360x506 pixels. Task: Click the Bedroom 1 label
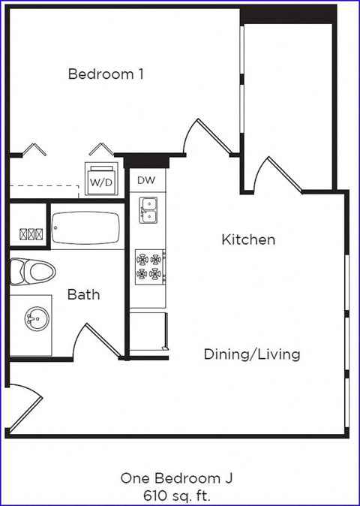point(106,74)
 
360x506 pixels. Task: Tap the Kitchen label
point(247,240)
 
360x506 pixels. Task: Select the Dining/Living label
point(252,354)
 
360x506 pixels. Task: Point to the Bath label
point(83,294)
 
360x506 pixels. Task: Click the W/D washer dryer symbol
point(101,179)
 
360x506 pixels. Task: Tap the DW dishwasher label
point(145,181)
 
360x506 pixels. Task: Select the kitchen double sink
point(148,210)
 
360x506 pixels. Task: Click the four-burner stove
point(148,266)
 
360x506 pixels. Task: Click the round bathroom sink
point(34,321)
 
